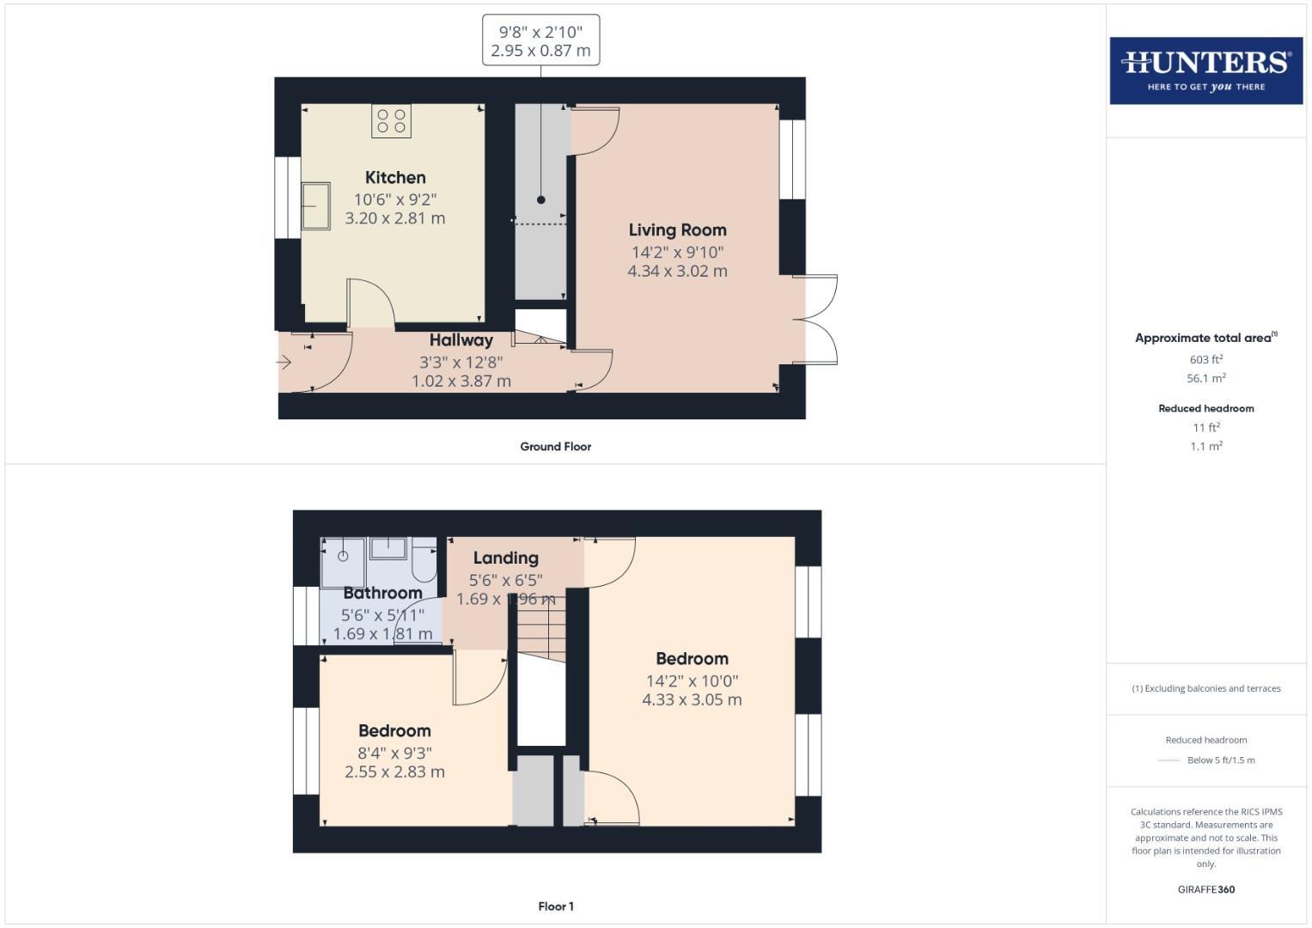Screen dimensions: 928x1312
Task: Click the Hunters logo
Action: coord(1205,70)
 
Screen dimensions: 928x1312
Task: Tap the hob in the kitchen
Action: coord(391,121)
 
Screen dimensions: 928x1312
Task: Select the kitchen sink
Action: coord(315,205)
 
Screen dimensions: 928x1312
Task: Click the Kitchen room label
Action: coord(395,178)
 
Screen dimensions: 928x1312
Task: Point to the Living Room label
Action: coord(677,230)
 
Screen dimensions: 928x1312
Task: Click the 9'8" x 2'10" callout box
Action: coord(540,40)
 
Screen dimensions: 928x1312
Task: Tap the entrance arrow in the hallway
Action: coord(284,363)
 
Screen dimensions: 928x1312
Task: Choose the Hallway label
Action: coord(461,340)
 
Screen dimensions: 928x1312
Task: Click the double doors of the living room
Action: coord(815,320)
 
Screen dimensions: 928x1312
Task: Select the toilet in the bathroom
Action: coord(424,559)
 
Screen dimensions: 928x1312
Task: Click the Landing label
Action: coord(505,559)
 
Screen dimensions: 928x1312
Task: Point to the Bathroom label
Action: coord(382,593)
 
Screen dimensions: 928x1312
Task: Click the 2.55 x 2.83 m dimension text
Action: coord(394,772)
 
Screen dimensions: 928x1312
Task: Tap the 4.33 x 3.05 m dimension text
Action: coord(692,699)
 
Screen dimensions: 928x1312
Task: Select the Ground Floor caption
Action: coord(555,447)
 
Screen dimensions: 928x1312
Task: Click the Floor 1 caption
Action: coord(555,907)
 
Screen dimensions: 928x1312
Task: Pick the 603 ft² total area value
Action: coord(1205,360)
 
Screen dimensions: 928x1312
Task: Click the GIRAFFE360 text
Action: coord(1205,889)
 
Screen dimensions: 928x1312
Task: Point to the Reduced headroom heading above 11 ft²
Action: coord(1205,408)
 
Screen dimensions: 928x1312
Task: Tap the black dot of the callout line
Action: coord(540,200)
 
